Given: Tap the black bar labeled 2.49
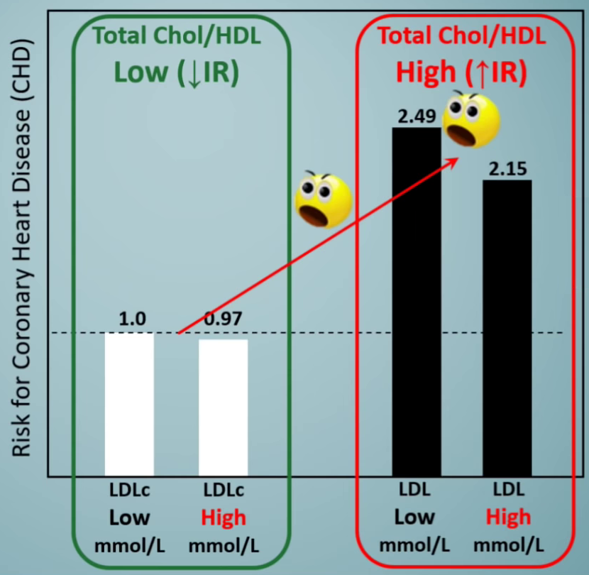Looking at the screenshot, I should pos(416,302).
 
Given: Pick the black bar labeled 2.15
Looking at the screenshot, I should pos(507,327).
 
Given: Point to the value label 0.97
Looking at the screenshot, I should pos(223,319).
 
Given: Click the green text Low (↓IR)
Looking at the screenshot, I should pos(176,73).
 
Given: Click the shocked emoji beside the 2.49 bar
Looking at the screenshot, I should pos(470,117).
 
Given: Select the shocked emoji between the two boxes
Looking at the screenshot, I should pos(324,199).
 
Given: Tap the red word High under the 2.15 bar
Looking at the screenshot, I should pos(508,517).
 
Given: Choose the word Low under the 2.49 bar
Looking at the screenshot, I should pos(415,517).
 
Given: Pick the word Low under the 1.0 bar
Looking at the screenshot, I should pos(129,517).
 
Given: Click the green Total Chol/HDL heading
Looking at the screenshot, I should pos(177,37).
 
